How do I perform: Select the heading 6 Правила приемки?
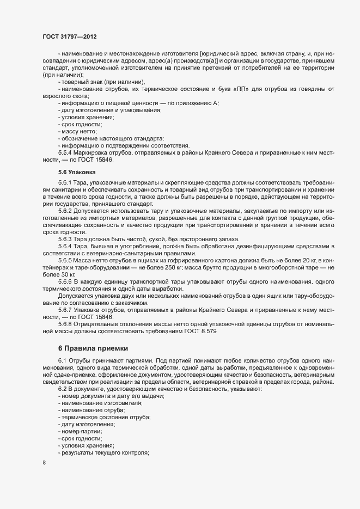click(94, 347)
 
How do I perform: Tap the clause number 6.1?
click(63, 360)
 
